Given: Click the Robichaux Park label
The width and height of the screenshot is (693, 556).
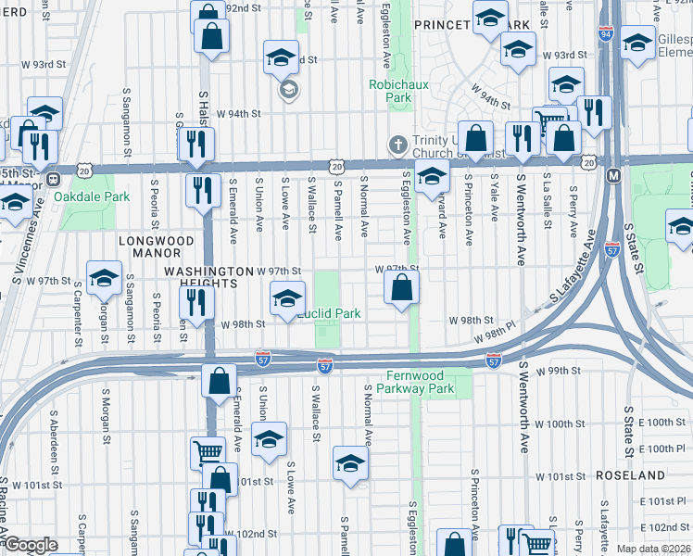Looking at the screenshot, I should coord(390,90).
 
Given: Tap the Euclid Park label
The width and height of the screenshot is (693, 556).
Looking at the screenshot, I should coord(329,314).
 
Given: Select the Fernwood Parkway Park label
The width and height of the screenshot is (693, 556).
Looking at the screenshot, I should coord(421,383).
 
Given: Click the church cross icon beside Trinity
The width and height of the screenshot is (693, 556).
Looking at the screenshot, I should coord(397,145).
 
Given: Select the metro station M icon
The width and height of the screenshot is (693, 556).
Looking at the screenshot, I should coord(612,175).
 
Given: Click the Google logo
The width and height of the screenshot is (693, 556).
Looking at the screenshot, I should coord(31,545).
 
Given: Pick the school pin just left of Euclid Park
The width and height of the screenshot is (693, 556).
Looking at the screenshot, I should coord(287,298).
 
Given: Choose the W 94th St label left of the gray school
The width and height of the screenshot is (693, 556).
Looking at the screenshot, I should coord(239,114).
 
